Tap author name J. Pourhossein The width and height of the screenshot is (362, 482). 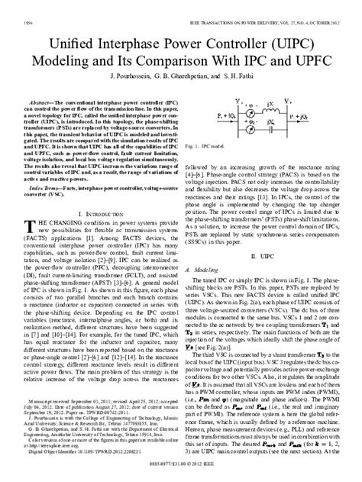coord(134,76)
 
